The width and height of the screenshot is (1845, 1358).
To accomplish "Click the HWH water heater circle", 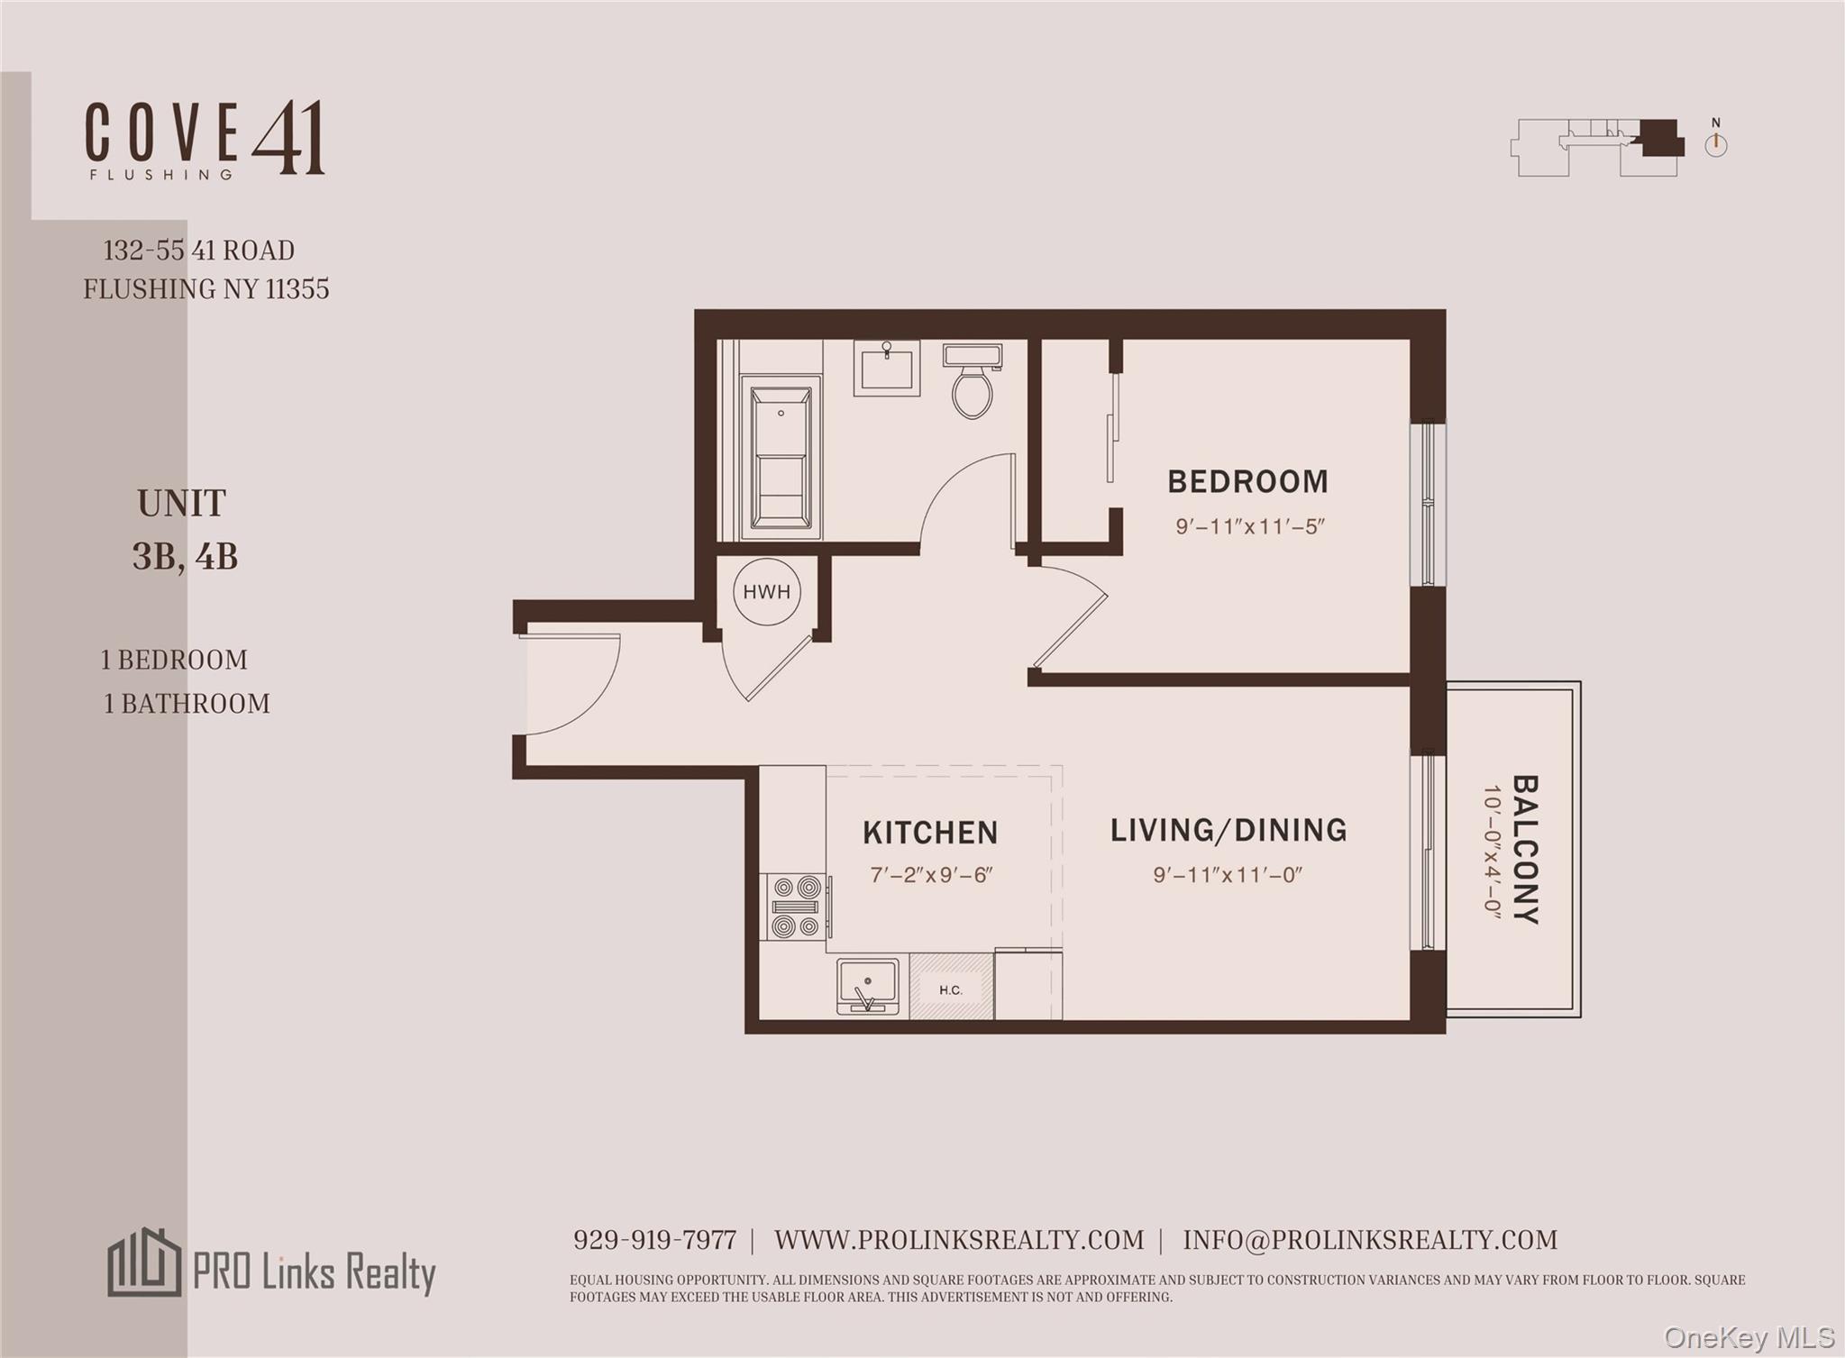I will (x=766, y=592).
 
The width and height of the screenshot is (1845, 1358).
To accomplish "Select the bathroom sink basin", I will (x=886, y=369).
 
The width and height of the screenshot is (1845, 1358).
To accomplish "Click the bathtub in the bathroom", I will (x=781, y=458).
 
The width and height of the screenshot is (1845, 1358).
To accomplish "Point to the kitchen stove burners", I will (x=795, y=907).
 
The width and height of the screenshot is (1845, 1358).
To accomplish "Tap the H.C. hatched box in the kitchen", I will (x=951, y=989).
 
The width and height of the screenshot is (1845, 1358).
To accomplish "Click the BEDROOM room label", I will (x=1247, y=482).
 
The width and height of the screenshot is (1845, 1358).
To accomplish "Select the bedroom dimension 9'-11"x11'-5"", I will (x=1249, y=526).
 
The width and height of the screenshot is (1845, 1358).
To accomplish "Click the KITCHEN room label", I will (x=930, y=833).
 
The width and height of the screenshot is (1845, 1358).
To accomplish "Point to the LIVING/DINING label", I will (x=1228, y=830).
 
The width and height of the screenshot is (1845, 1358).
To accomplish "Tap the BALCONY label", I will (x=1524, y=849).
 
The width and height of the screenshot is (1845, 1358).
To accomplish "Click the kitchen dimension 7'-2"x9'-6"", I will (x=931, y=875).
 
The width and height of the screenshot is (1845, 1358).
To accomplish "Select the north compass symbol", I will (x=1715, y=141).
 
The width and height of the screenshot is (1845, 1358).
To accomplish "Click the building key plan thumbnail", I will (x=1597, y=148).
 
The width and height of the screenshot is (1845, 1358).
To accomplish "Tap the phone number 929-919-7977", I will (x=654, y=1241).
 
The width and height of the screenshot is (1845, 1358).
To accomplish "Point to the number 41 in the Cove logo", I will (x=288, y=138).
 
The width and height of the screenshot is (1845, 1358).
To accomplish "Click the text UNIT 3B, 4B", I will (x=184, y=530).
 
